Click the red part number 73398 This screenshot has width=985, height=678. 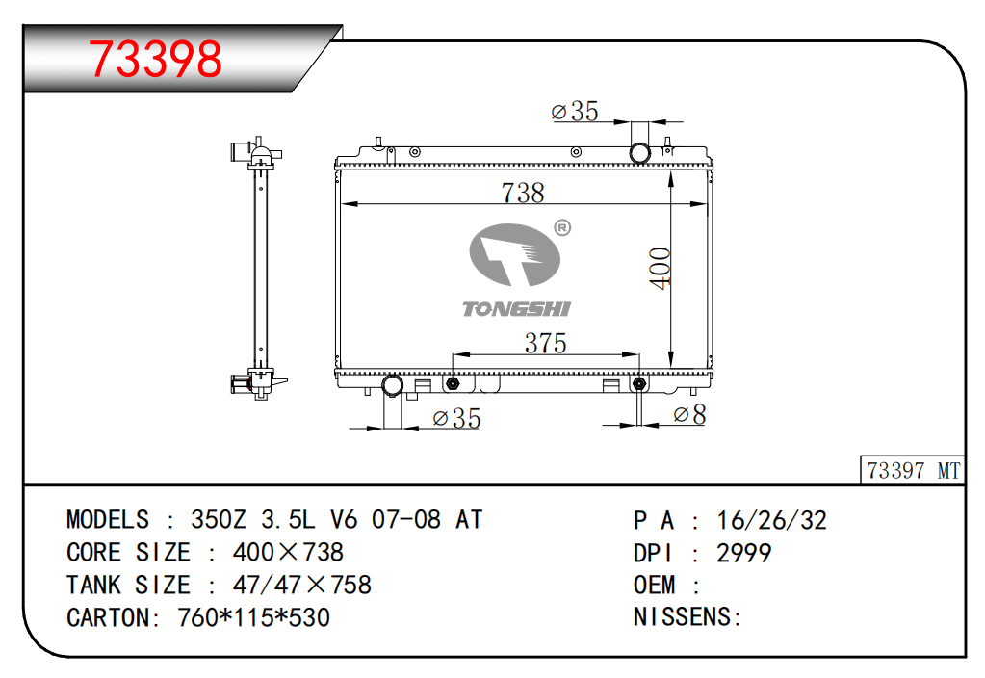click(155, 59)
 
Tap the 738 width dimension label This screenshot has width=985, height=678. click(523, 193)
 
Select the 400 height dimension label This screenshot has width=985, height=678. click(661, 269)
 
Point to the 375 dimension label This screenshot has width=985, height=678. click(545, 343)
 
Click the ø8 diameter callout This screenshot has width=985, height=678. click(689, 414)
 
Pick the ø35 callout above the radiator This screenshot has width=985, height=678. click(574, 111)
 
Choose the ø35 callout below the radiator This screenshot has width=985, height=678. click(456, 419)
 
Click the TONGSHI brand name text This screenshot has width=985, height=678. click(516, 309)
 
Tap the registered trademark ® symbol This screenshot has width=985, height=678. click(562, 227)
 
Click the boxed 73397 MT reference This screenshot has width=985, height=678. click(913, 471)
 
